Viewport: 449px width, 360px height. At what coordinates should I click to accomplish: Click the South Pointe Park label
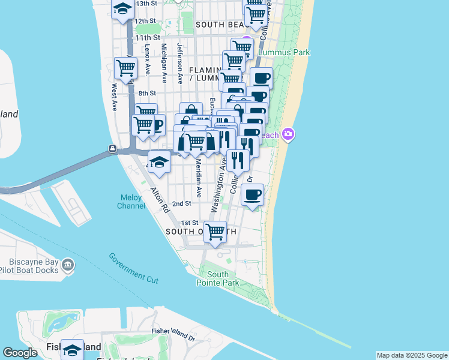[x=218, y=278]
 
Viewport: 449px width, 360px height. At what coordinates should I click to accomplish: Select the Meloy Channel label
[x=131, y=202]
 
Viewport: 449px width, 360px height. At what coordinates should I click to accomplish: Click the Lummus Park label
[x=284, y=53]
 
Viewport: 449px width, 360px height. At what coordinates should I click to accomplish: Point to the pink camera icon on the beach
[x=288, y=134]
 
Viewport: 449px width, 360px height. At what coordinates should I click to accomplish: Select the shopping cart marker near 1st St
[x=215, y=231]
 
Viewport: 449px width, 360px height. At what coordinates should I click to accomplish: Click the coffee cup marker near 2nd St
[x=253, y=194]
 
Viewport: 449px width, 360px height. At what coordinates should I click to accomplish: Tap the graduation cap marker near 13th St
[x=123, y=9]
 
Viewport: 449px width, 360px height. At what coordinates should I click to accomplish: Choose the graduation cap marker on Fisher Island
[x=72, y=349]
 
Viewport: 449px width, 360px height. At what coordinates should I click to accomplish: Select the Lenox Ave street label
[x=148, y=60]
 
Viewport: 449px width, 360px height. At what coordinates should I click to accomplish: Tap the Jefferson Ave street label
[x=179, y=62]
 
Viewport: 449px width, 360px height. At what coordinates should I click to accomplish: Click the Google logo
[x=20, y=353]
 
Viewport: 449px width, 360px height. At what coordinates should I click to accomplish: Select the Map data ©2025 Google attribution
[x=411, y=355]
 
